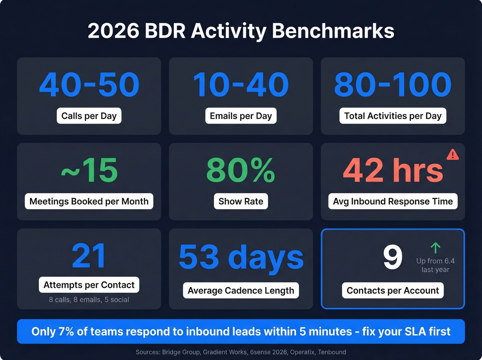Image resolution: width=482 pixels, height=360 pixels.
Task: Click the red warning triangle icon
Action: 452,155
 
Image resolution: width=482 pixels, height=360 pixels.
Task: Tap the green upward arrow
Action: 436,248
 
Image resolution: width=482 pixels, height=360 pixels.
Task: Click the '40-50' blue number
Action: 89,85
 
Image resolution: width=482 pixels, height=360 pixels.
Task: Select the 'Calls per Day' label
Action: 89,116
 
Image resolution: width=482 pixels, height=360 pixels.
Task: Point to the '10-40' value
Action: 241,85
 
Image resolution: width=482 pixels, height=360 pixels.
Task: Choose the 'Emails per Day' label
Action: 241,116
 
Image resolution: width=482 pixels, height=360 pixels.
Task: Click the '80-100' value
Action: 392,85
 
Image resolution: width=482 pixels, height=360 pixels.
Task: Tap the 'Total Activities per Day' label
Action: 392,116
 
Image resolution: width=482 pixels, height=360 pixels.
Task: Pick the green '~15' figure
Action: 89,170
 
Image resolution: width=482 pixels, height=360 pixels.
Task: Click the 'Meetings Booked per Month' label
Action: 89,201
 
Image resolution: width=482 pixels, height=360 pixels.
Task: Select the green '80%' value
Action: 241,170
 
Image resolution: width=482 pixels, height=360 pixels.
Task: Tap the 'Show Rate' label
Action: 241,201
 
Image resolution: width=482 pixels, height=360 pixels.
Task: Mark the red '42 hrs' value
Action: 393,170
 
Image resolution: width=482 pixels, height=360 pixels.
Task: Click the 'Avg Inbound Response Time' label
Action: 392,201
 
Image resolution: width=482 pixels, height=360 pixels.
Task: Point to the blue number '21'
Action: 89,256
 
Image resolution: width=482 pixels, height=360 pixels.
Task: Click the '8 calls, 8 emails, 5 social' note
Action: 89,300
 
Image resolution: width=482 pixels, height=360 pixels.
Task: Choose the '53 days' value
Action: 241,257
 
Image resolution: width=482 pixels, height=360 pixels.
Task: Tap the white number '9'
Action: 392,257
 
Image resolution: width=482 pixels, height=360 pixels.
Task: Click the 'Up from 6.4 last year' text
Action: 435,265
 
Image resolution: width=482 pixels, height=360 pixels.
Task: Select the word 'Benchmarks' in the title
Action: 333,31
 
